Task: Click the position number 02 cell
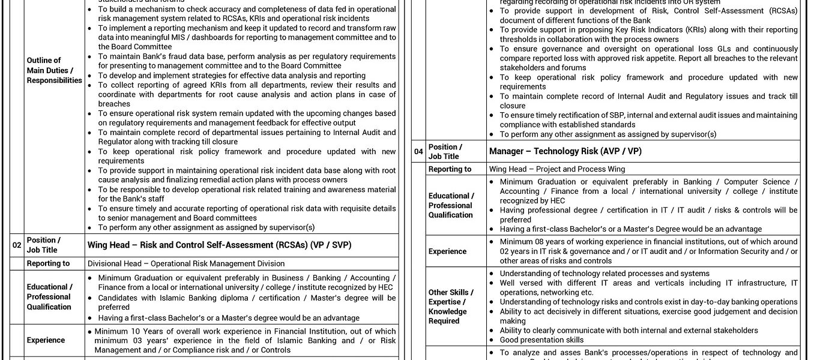pos(17,245)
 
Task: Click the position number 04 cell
pos(418,152)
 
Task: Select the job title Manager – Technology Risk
pos(565,152)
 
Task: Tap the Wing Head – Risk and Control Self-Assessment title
pos(219,245)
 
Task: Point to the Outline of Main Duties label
pos(54,70)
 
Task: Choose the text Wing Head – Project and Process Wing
pos(556,169)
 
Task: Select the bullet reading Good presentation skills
pos(541,340)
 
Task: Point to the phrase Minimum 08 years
pos(528,242)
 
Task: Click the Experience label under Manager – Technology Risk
pos(447,251)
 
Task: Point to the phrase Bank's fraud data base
pos(172,56)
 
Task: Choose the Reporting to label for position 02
pos(48,263)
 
